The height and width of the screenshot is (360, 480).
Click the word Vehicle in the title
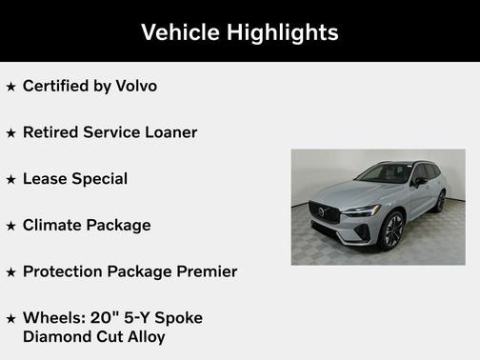coord(182,31)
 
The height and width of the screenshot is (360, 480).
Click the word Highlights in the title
coord(282,31)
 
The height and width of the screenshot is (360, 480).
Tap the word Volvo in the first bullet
coord(136,86)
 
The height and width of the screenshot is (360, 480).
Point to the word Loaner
coord(168,132)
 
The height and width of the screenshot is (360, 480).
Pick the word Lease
coord(43,178)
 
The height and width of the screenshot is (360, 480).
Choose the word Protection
coord(65,271)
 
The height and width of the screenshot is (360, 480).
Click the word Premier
coord(203,271)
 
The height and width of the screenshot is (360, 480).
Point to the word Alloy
coord(143,336)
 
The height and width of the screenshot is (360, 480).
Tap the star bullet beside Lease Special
coord(10,179)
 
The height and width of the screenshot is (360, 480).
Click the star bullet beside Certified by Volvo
coord(10,87)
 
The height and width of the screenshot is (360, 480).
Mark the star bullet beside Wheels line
coord(10,318)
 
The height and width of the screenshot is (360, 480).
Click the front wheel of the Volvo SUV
coord(391,230)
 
